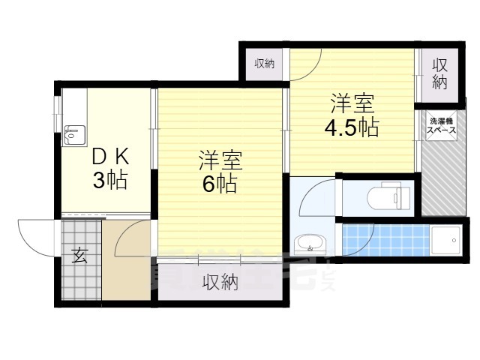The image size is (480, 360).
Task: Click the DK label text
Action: (x=110, y=157)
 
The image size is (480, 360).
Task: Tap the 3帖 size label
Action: (x=110, y=180)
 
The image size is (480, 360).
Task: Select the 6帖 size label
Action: (x=219, y=183)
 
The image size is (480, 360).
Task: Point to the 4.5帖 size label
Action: (x=351, y=127)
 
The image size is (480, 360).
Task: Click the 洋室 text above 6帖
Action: (x=220, y=160)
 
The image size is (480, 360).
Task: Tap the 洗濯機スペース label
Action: (x=441, y=125)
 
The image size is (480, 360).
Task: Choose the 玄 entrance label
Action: (x=79, y=256)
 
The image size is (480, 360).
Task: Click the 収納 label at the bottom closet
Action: (x=220, y=283)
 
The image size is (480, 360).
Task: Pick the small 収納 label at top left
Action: (x=264, y=64)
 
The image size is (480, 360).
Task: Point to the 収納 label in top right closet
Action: (x=439, y=73)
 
